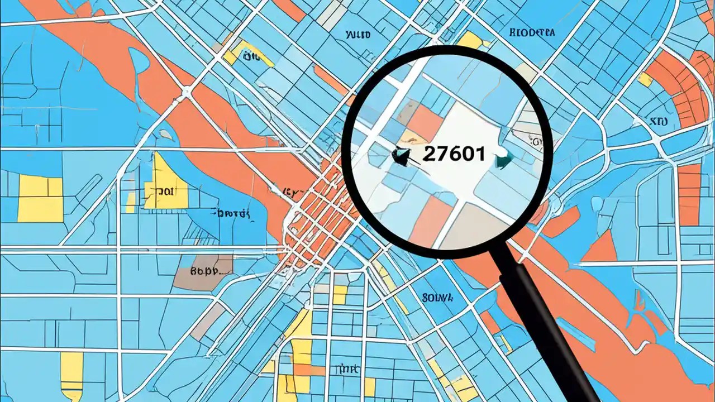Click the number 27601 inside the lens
point(453,154)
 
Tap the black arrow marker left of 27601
point(400,157)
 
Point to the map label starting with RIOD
point(532,32)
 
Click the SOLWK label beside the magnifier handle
point(437,297)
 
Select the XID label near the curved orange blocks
point(660,121)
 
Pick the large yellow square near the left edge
point(40,199)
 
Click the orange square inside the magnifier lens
point(426,123)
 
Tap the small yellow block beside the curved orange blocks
point(645,80)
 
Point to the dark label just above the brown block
point(231,213)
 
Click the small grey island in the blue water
point(165,135)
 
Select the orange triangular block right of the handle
point(602,249)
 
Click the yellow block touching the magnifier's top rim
point(470,40)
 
